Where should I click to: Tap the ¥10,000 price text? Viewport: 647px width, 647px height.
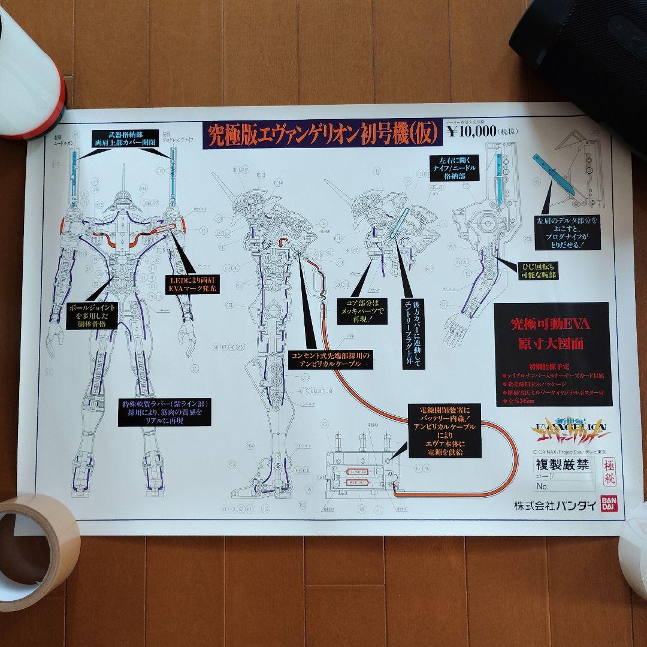point(472,131)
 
